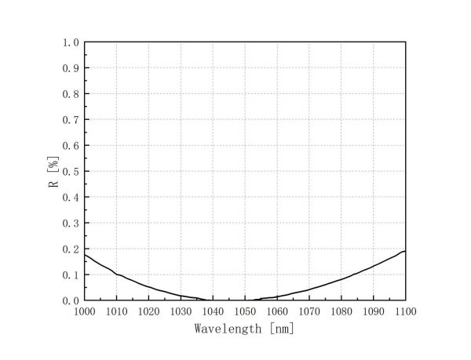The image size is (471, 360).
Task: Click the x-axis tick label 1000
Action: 85,311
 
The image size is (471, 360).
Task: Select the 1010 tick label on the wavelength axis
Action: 117,311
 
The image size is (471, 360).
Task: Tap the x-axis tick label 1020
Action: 149,311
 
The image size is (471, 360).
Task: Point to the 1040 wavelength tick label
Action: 214,311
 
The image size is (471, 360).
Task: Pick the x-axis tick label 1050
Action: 246,311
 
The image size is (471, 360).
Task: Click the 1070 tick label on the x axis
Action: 309,311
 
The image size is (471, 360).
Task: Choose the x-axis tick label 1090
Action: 374,311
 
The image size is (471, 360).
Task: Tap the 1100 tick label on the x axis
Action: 406,311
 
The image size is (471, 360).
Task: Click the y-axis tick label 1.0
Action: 71,42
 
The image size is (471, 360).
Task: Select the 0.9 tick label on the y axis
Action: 71,68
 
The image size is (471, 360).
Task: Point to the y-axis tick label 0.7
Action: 71,120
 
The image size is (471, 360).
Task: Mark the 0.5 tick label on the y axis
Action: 71,172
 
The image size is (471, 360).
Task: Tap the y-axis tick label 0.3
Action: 71,224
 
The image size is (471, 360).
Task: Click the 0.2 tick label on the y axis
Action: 71,249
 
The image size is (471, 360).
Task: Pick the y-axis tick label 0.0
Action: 71,300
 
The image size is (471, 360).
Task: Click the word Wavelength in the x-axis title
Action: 228,329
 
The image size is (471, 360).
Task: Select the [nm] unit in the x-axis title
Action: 280,329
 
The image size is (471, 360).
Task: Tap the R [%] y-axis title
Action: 53,172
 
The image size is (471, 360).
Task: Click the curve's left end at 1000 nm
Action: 85,254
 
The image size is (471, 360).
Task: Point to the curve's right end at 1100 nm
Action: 405,251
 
